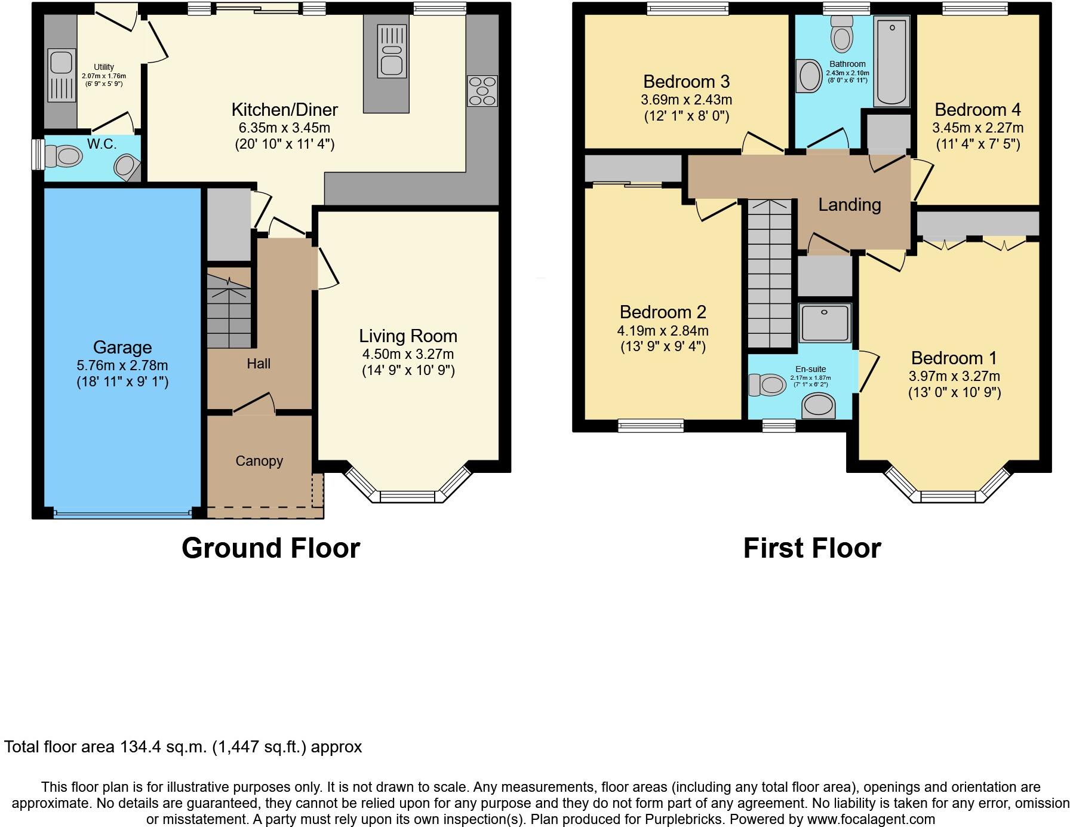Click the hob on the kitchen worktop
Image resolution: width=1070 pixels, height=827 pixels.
pyautogui.click(x=482, y=91)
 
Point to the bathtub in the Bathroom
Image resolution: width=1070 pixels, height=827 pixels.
pyautogui.click(x=891, y=62)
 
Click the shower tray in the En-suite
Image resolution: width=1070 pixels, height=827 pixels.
pyautogui.click(x=825, y=322)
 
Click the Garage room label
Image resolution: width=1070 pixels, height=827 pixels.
pyautogui.click(x=122, y=347)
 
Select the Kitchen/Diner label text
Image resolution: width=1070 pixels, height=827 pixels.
pyautogui.click(x=284, y=110)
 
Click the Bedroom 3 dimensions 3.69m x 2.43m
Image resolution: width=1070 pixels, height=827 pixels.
pyautogui.click(x=686, y=100)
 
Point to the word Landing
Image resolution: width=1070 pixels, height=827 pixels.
pyautogui.click(x=849, y=205)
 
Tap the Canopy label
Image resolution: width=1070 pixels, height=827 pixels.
pyautogui.click(x=259, y=461)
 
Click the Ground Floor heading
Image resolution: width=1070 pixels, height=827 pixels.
pyautogui.click(x=270, y=548)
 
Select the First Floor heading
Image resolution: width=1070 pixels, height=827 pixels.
pyautogui.click(x=811, y=548)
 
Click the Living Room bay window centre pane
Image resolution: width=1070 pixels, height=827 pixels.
pyautogui.click(x=408, y=496)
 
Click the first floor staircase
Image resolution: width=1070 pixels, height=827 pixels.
pyautogui.click(x=770, y=275)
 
